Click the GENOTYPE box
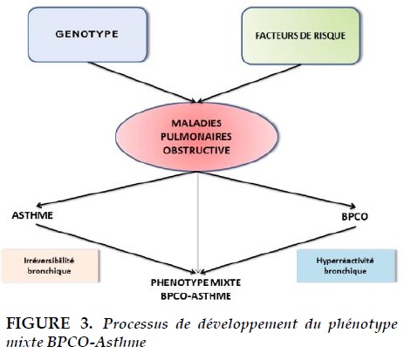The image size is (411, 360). (x=87, y=35)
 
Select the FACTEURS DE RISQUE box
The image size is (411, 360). (x=301, y=36)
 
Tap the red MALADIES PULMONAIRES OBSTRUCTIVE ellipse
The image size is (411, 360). (x=196, y=137)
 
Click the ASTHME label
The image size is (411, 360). (x=32, y=215)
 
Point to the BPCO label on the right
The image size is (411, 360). (x=354, y=216)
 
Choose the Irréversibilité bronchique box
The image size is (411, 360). (x=50, y=266)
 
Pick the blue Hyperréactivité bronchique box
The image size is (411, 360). (x=346, y=266)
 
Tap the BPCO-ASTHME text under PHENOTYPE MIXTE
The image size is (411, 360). (x=195, y=296)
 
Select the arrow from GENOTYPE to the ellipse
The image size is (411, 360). (x=142, y=82)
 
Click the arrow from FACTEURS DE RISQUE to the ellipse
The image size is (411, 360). (x=249, y=84)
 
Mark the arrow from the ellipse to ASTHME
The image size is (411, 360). (x=117, y=189)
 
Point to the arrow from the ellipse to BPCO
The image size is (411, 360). (x=277, y=189)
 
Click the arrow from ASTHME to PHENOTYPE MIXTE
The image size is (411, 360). (x=116, y=248)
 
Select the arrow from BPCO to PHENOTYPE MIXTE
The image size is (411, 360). (x=278, y=250)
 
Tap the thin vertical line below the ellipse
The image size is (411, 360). (x=198, y=222)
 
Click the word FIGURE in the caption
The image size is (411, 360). (x=38, y=323)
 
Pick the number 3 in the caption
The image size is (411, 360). (x=86, y=323)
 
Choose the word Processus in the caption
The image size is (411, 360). (x=135, y=323)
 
